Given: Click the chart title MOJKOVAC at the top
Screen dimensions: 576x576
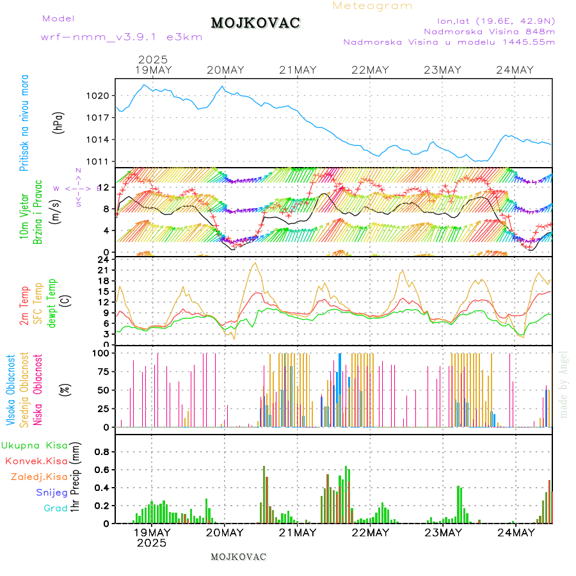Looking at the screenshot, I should [255, 23].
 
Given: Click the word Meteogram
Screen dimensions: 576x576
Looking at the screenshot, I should [372, 6].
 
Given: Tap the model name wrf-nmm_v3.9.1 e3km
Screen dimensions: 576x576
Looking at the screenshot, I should [122, 37].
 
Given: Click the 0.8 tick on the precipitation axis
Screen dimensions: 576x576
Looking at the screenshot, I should [102, 451].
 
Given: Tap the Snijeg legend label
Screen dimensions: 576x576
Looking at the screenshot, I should [52, 492].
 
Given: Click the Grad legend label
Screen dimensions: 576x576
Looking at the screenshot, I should [56, 508].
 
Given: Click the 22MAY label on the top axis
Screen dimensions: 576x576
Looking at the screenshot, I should [371, 70].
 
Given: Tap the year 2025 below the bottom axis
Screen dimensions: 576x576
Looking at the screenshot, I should [151, 543].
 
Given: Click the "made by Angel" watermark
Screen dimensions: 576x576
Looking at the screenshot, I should [564, 384].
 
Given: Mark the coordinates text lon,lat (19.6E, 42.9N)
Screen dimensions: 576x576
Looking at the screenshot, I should [495, 20].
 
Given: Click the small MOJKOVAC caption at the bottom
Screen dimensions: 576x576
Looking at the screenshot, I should [238, 557].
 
